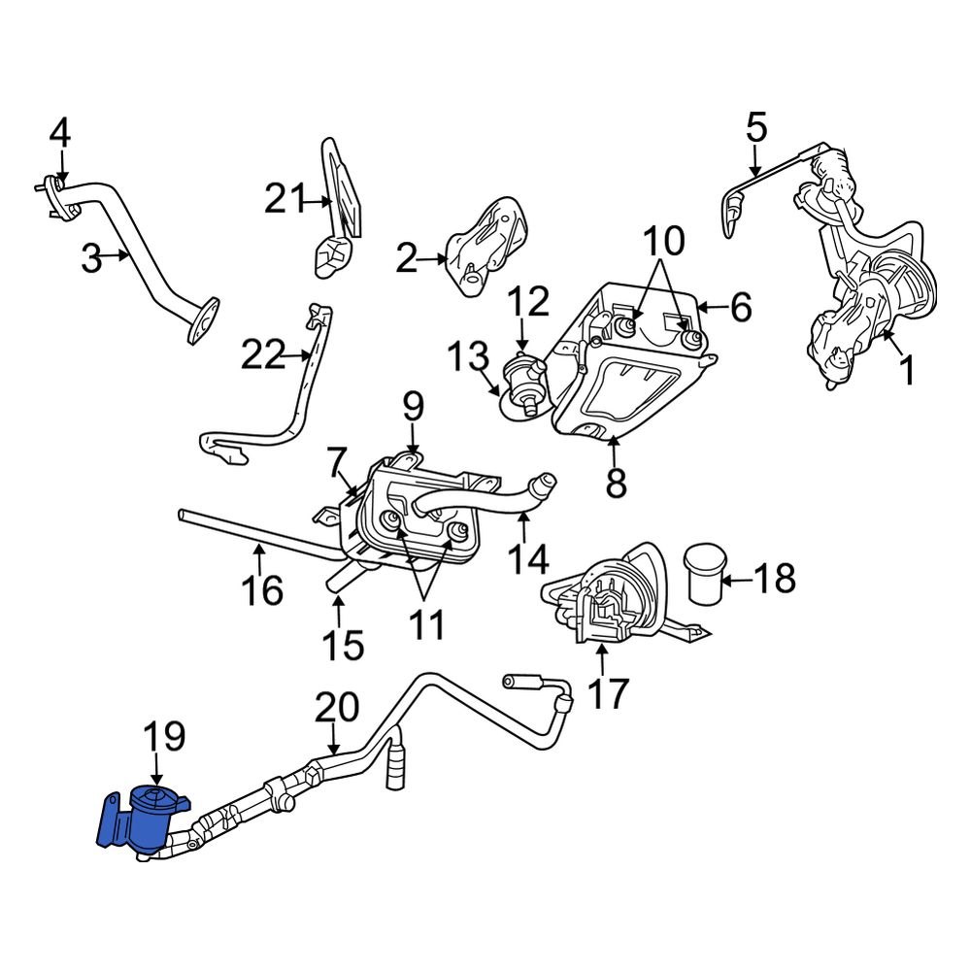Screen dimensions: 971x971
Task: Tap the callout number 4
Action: tap(60, 133)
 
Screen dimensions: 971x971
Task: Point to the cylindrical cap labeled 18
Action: tap(702, 574)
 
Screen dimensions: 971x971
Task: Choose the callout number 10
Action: tap(662, 239)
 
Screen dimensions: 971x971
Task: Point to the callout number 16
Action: tap(261, 588)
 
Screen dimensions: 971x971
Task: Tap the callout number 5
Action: tap(756, 127)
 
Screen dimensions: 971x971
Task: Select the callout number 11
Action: tap(424, 624)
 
